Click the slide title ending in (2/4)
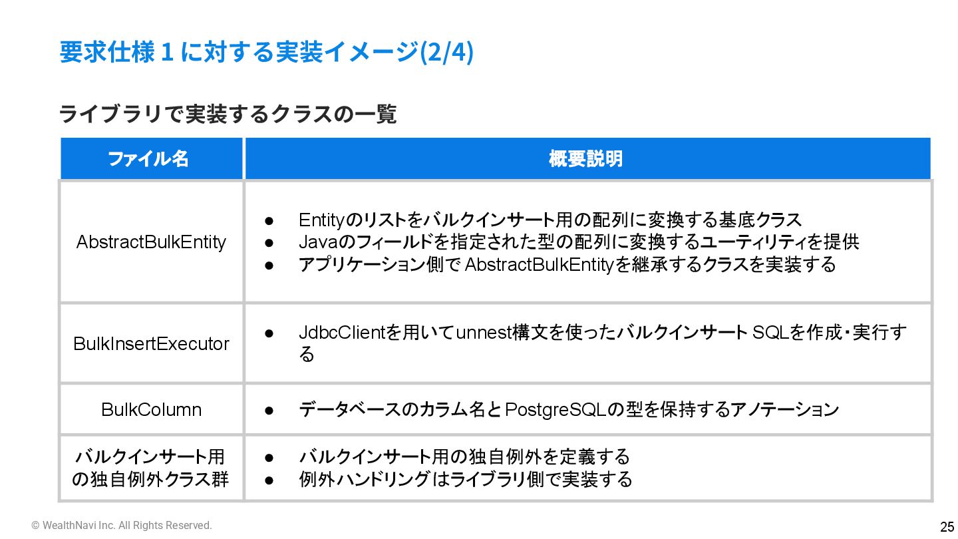(x=266, y=53)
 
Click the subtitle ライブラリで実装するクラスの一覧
(x=228, y=114)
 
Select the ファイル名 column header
(x=148, y=159)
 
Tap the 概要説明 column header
(x=585, y=159)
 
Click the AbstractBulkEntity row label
(x=151, y=242)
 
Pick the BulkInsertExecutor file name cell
(x=151, y=343)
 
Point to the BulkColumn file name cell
(x=151, y=409)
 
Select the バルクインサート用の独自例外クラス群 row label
(x=151, y=468)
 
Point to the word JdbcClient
(x=342, y=332)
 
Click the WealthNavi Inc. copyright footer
(x=122, y=526)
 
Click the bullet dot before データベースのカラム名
(x=269, y=410)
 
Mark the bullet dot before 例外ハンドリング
(x=269, y=480)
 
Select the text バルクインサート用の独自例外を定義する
(x=464, y=457)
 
